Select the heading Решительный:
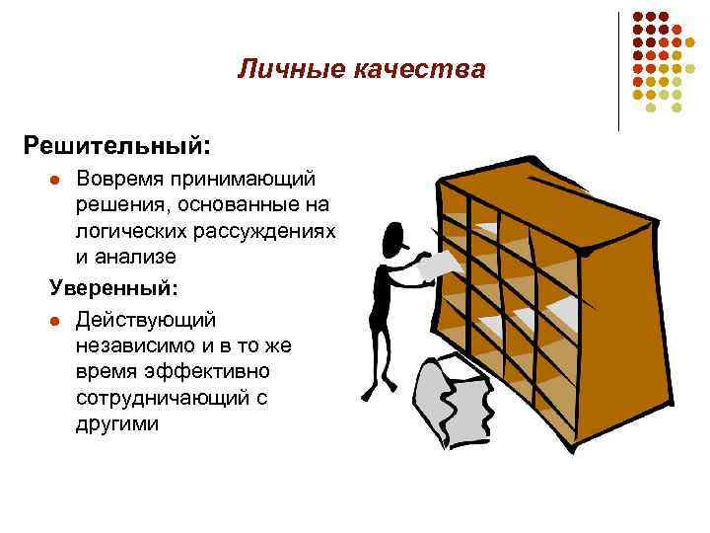(117, 145)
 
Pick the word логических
(133, 231)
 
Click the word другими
(115, 422)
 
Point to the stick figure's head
(392, 236)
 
